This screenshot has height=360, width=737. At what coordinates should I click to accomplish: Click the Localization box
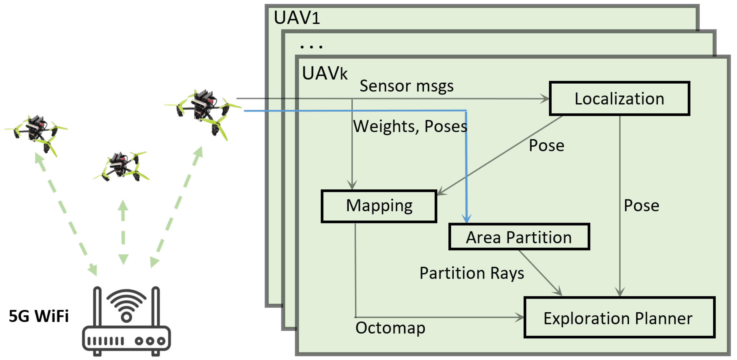[619, 99]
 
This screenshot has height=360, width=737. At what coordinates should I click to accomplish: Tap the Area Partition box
[519, 237]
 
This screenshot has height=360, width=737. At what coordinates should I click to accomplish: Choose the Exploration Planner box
[619, 318]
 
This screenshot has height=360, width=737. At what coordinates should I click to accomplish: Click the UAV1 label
[297, 18]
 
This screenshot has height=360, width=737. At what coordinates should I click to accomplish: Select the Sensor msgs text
[406, 86]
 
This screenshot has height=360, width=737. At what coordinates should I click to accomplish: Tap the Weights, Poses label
[410, 126]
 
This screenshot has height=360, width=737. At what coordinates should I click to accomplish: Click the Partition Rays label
[471, 273]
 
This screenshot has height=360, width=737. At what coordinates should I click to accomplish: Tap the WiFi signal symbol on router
[126, 305]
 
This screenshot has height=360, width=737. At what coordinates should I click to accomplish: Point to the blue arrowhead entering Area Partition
[466, 219]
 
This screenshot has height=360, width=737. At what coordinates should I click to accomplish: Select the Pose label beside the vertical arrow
[641, 205]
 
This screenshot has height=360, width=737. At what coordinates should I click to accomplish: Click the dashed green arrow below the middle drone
[123, 232]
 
